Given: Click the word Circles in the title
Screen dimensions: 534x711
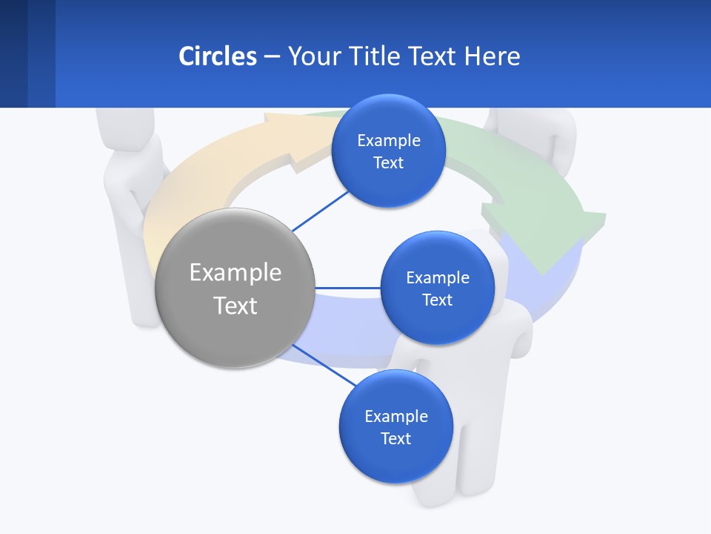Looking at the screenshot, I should (217, 56).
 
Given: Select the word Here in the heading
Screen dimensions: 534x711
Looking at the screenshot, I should (493, 56).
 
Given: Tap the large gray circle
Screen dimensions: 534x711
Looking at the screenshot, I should (236, 289).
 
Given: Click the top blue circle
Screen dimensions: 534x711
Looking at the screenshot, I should (388, 151).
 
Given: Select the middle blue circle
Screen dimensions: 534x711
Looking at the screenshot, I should (437, 288).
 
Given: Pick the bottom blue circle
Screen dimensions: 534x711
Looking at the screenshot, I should (395, 426).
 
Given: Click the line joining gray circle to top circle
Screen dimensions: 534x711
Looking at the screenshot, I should (321, 211).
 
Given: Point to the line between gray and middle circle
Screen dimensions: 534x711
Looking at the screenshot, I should (348, 288).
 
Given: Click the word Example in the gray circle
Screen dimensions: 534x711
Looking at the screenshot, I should (236, 272).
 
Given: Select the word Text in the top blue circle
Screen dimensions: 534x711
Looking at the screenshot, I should (388, 162).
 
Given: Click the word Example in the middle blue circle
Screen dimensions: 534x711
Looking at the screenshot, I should (437, 277).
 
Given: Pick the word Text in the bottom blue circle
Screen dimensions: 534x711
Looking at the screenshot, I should (395, 438).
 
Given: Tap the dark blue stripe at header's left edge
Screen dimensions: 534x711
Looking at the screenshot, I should (13, 53).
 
